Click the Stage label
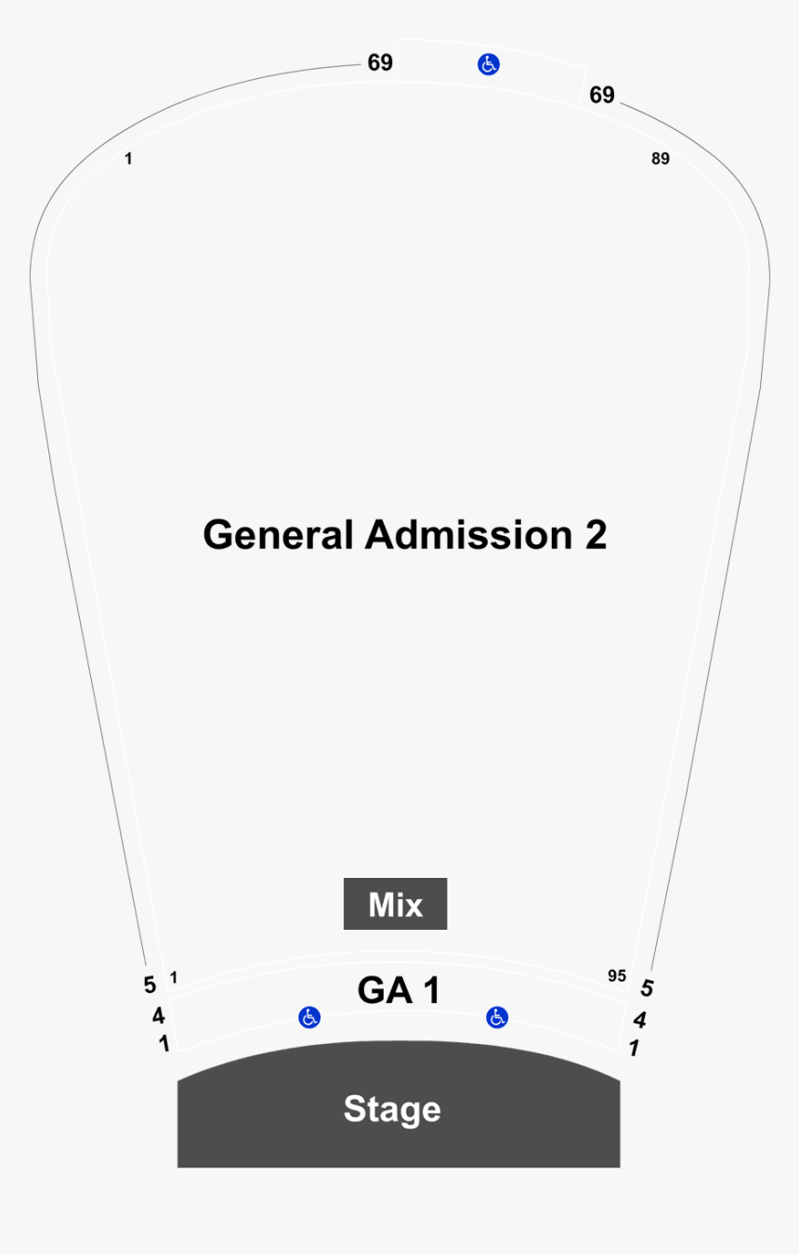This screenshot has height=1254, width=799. (392, 1110)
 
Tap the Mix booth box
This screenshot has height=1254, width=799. (395, 904)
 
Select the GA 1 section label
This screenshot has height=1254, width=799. (399, 990)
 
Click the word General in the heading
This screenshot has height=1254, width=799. (278, 535)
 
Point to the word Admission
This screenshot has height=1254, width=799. (468, 535)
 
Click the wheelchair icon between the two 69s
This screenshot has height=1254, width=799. (489, 64)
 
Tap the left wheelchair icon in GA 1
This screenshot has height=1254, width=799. (309, 1017)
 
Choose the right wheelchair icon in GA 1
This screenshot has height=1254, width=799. (497, 1017)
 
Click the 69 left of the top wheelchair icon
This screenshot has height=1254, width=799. (380, 63)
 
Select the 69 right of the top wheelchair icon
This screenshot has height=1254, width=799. (602, 95)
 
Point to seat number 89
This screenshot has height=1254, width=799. (661, 159)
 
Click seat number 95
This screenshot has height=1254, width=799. (617, 975)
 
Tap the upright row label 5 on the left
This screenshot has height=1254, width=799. (150, 985)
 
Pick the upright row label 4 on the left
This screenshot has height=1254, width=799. (159, 1015)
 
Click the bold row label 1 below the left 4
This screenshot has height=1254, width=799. (164, 1043)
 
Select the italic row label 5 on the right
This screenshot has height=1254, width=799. (647, 988)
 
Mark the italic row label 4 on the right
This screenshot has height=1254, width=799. (639, 1020)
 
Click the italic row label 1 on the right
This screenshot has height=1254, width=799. (634, 1048)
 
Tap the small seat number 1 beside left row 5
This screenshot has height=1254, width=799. (174, 977)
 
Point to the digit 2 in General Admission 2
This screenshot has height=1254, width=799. (596, 535)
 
